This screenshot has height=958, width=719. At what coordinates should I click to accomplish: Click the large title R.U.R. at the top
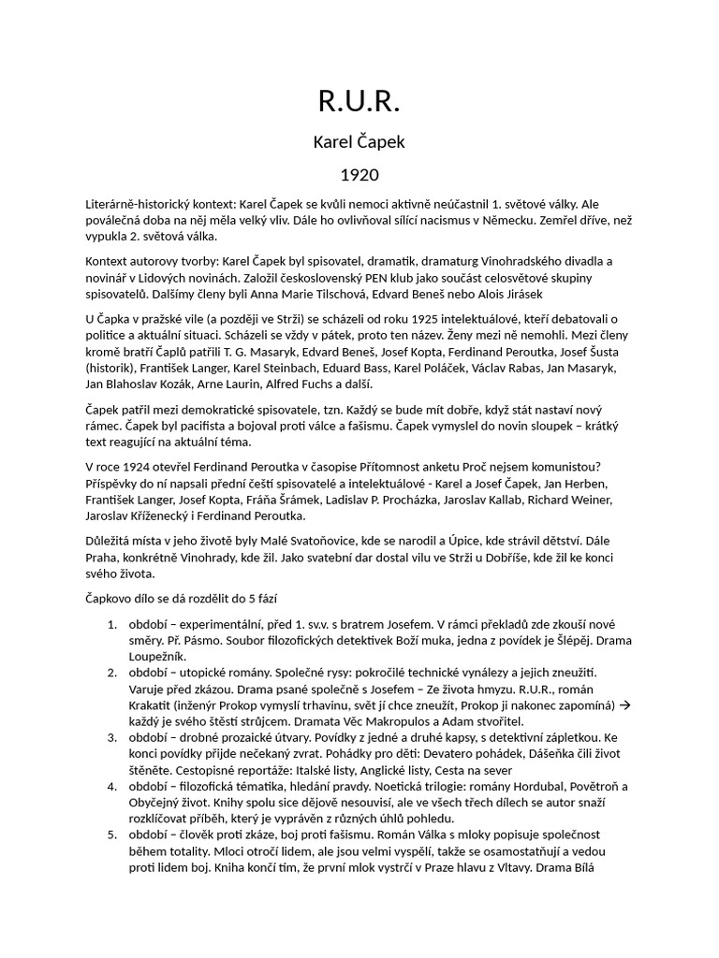pos(359,100)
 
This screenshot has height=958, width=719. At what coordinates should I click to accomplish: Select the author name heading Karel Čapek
pos(359,142)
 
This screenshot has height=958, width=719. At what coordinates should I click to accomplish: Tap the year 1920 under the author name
pos(359,175)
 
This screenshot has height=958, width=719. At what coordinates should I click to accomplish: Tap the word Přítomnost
pos(441,467)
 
